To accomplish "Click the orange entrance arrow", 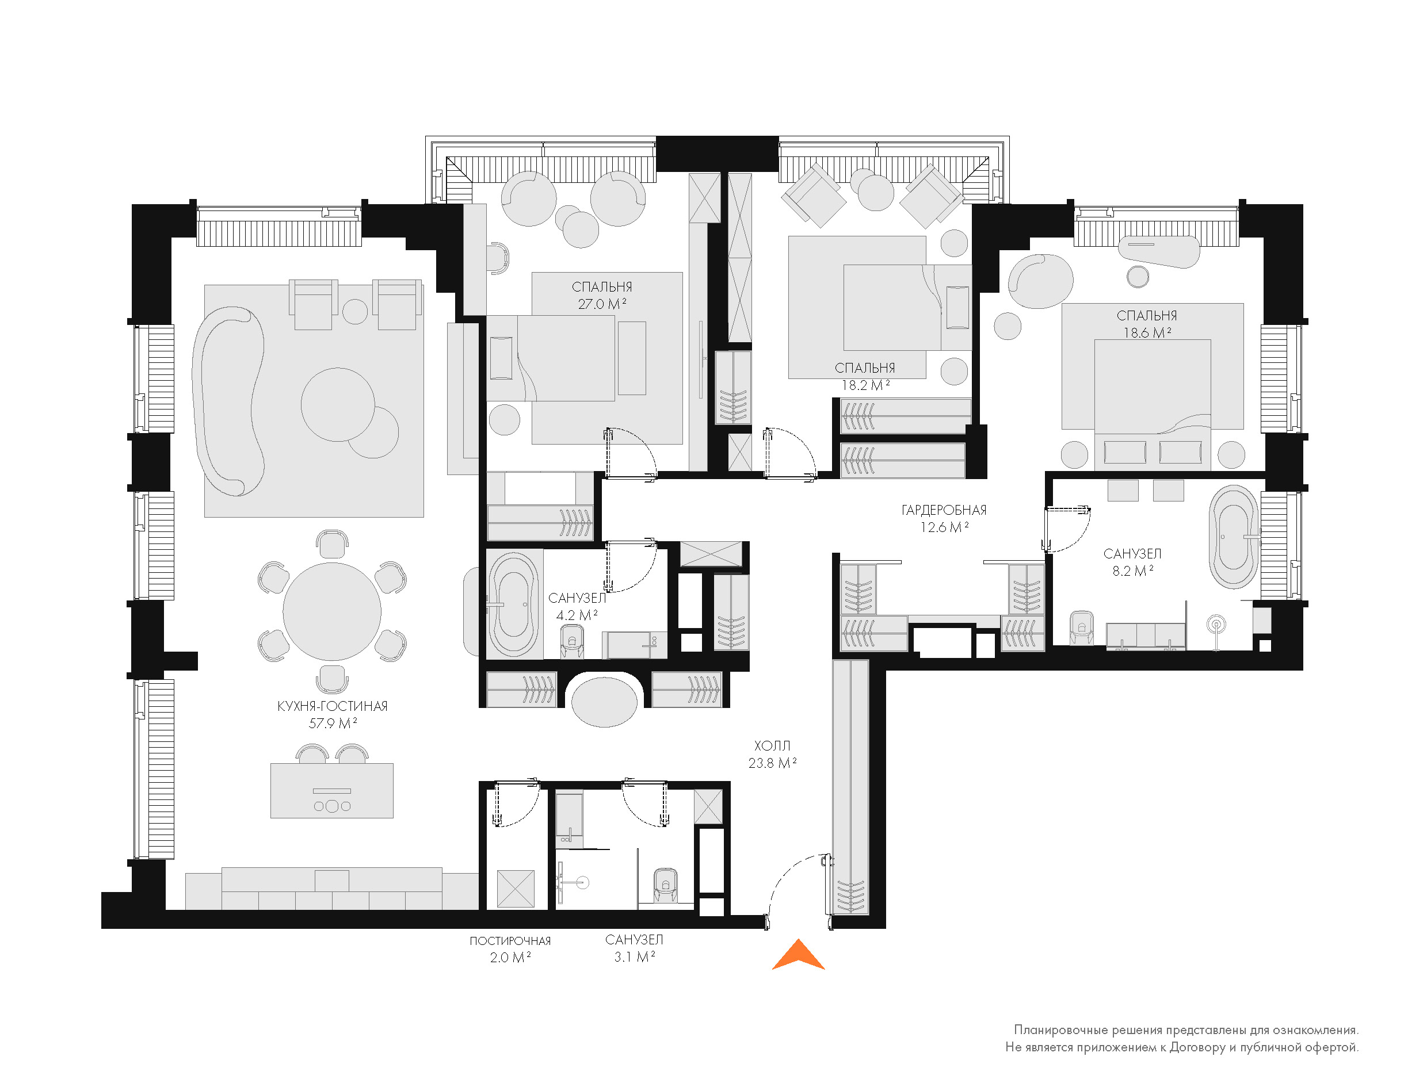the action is point(798,956).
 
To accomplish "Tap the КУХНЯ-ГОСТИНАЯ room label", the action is point(332,706).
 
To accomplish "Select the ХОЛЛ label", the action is point(772,746).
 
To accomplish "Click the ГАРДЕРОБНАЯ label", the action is point(944,511).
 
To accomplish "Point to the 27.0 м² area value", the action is point(602,304).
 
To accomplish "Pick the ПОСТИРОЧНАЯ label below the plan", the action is point(510,941).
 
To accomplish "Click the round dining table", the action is point(332,611).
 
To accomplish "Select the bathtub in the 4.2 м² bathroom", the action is point(513,604).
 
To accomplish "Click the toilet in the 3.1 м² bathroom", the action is point(665,884).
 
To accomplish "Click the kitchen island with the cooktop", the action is point(332,791).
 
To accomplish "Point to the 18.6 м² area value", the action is point(1147,333).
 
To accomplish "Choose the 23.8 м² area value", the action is point(772,764).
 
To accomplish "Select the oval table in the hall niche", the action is point(604,702).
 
